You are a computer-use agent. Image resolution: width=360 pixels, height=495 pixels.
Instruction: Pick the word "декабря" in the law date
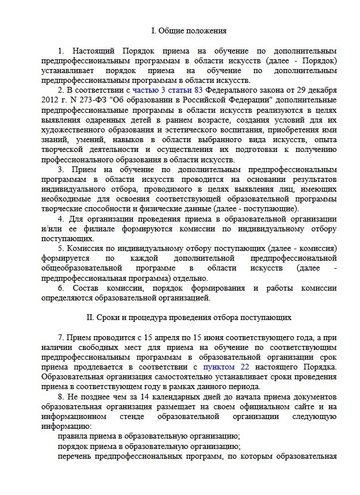(x=321, y=90)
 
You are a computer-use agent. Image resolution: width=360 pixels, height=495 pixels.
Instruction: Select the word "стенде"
(x=137, y=417)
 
